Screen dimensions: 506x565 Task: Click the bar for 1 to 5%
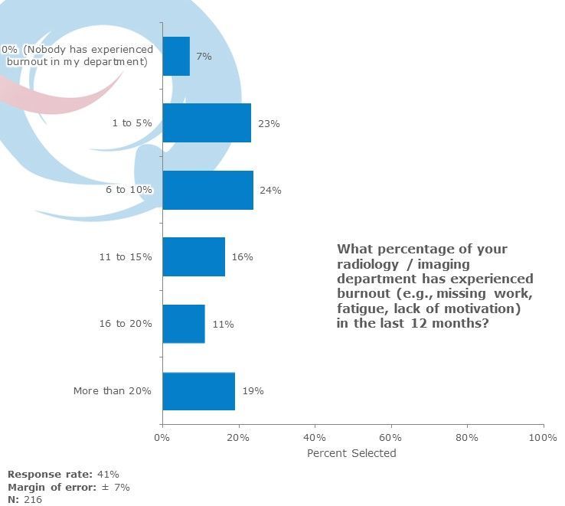[207, 122]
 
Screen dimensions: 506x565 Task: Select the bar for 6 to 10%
[207, 190]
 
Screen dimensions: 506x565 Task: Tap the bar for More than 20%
[198, 390]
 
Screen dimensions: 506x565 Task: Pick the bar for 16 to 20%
[183, 324]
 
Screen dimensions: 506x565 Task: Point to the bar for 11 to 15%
[194, 256]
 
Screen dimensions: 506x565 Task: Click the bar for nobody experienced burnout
[176, 56]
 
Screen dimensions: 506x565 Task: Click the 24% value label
[270, 190]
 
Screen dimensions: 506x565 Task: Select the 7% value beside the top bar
[204, 56]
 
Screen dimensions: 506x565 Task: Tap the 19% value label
[253, 390]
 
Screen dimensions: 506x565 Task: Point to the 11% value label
[223, 324]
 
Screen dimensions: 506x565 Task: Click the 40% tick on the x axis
[315, 437]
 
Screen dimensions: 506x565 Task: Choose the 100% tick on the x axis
[543, 437]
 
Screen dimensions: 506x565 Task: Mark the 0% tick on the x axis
[162, 437]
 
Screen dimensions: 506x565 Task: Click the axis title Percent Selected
[351, 453]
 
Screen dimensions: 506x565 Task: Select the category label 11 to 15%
[125, 256]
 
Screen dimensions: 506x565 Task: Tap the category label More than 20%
[113, 390]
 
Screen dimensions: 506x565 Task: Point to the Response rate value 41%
[108, 475]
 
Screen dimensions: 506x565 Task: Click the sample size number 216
[33, 499]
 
